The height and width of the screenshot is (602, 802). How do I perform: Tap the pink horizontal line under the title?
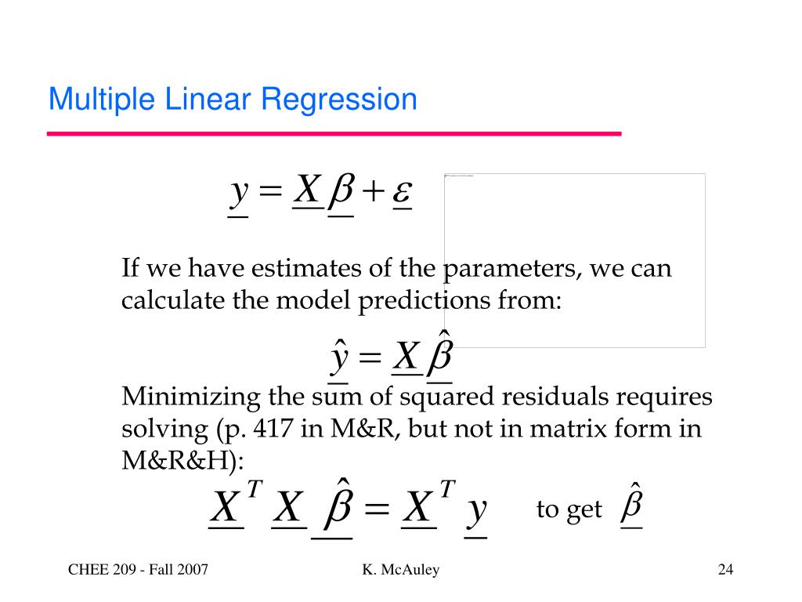(334, 134)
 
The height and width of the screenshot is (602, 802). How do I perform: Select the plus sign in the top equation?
(373, 191)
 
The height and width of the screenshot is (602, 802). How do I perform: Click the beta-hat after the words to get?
(631, 506)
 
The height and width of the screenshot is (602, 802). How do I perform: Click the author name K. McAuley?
(400, 570)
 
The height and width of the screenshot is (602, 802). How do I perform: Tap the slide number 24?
(724, 570)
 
